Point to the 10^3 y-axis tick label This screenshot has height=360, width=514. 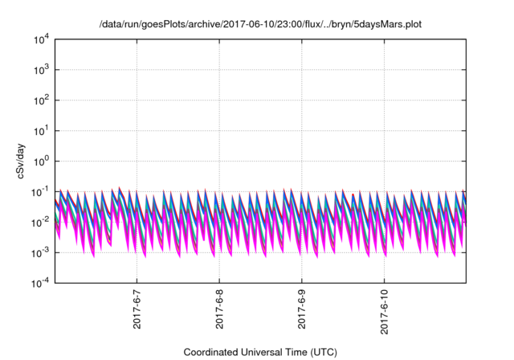click(x=40, y=70)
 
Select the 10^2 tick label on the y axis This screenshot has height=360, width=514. click(x=40, y=100)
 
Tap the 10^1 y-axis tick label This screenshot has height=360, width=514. click(x=40, y=131)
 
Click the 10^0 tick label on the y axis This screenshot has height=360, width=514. click(x=40, y=161)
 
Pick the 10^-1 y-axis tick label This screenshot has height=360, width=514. click(x=39, y=191)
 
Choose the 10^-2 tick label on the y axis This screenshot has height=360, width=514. click(x=39, y=222)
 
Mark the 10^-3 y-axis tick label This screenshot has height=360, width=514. click(x=39, y=252)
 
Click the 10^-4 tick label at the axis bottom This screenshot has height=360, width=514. click(x=39, y=282)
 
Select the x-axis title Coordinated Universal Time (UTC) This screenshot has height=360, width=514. click(x=259, y=352)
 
